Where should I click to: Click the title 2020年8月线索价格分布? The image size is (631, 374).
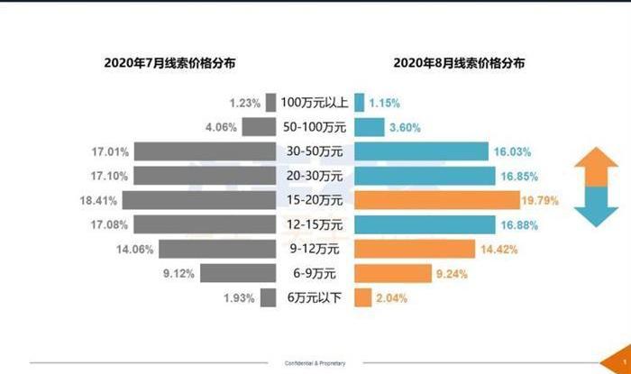pos(460,63)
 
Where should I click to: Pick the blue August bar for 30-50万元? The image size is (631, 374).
pos(421,151)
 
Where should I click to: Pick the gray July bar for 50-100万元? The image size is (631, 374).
pos(259,126)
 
